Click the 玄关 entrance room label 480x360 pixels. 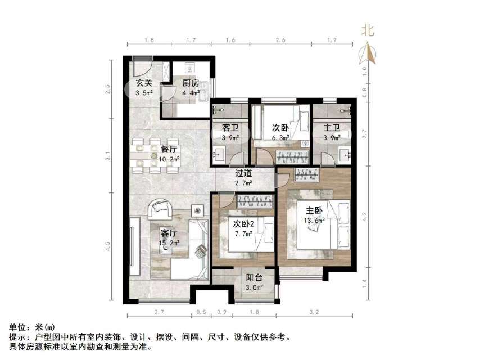click(x=144, y=83)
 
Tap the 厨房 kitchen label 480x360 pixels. click(x=191, y=83)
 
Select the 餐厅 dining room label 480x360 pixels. click(x=169, y=150)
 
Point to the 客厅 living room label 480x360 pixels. click(x=169, y=232)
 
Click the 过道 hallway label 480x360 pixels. click(x=243, y=173)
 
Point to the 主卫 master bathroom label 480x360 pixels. click(x=332, y=128)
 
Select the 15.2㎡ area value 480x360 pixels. click(x=169, y=242)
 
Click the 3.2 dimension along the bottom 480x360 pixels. click(x=315, y=311)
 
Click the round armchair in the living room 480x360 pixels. click(x=161, y=210)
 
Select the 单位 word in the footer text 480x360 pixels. click(x=17, y=327)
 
